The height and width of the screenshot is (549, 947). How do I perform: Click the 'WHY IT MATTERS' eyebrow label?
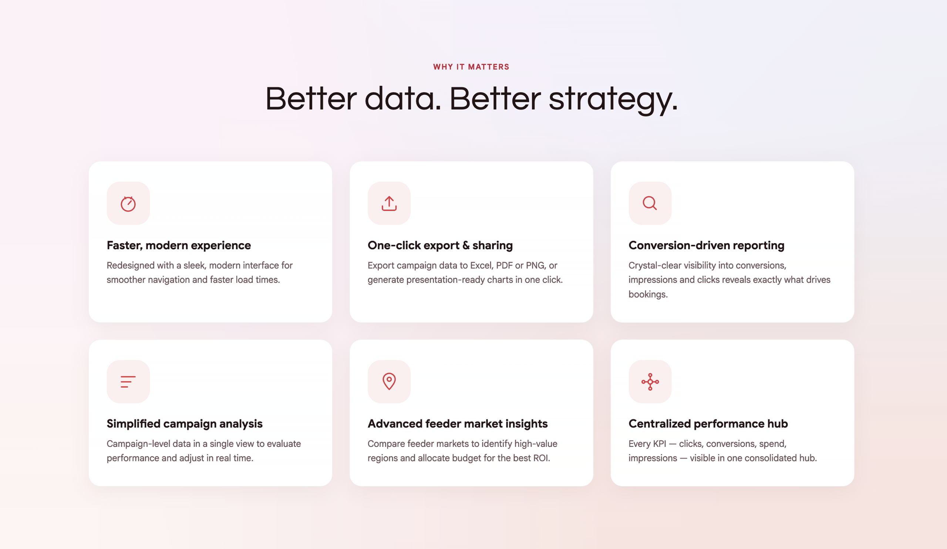471,67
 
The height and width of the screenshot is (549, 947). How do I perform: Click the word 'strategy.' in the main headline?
613,99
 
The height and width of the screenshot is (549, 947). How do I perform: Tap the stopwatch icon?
128,204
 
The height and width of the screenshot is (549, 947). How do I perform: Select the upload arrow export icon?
389,204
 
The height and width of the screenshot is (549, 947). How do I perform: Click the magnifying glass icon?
650,203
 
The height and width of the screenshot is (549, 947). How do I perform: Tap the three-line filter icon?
128,382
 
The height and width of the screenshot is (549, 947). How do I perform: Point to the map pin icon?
389,381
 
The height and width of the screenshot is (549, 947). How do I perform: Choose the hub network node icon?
650,382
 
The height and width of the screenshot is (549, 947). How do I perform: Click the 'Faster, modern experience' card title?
179,245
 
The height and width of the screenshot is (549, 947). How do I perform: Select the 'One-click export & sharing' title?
440,245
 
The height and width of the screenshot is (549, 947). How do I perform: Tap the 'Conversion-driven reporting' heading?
707,245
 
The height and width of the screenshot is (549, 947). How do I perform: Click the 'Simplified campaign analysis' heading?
185,424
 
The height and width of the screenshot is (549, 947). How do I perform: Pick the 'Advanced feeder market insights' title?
457,424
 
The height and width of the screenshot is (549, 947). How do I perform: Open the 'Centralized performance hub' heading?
708,424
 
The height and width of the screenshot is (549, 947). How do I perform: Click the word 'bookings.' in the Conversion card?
648,294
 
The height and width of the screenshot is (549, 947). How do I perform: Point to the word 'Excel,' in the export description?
482,265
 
